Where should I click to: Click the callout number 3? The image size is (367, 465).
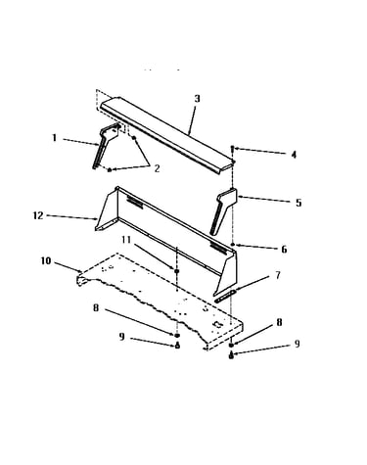(x=197, y=99)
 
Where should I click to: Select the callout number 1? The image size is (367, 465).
(x=55, y=138)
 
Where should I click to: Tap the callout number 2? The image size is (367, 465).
(x=157, y=168)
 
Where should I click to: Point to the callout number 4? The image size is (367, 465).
(x=294, y=155)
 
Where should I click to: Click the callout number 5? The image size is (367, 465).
(x=298, y=203)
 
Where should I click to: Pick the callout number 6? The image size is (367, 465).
(x=284, y=250)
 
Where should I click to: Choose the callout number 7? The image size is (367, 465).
(x=278, y=275)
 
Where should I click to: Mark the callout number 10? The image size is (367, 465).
(x=46, y=261)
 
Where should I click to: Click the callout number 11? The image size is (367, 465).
(x=126, y=240)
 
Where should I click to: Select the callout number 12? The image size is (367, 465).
(x=38, y=215)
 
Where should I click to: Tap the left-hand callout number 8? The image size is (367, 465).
(x=96, y=307)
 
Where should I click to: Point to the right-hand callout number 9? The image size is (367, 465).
(x=297, y=344)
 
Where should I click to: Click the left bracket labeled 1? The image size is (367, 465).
(x=105, y=145)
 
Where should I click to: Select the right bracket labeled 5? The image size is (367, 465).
(x=223, y=210)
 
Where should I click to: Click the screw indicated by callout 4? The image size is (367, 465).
(x=232, y=149)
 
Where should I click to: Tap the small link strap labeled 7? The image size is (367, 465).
(x=225, y=296)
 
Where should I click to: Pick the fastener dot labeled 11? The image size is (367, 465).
(x=177, y=271)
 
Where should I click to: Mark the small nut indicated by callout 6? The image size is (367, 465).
(x=232, y=244)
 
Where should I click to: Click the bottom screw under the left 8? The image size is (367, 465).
(x=177, y=346)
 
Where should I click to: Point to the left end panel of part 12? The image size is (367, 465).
(x=107, y=210)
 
